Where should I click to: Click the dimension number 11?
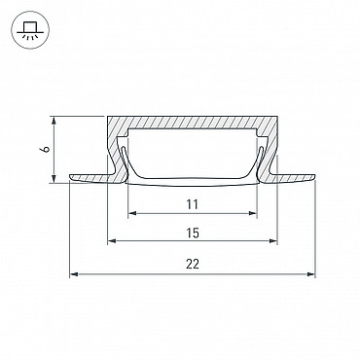[193, 204]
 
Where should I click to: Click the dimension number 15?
[193, 233]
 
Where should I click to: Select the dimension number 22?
[193, 265]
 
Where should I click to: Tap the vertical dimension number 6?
[47, 150]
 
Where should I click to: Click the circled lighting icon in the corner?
[30, 30]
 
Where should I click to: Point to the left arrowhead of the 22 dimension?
[74, 274]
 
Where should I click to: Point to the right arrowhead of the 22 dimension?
[310, 274]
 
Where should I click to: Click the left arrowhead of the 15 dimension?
[112, 240]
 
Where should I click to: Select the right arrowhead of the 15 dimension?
[273, 240]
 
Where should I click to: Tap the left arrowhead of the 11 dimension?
[132, 213]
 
